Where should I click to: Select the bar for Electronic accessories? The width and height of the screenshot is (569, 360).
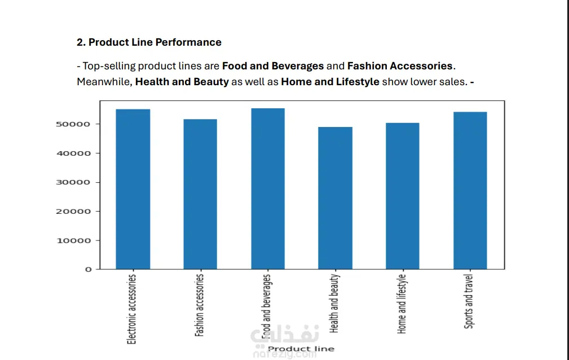click(133, 189)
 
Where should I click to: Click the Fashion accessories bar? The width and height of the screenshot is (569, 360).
click(200, 194)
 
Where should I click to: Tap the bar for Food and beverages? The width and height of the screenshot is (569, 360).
click(268, 188)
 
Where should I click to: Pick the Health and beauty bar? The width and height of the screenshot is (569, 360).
click(335, 198)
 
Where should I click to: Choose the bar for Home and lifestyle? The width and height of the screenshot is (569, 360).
click(403, 196)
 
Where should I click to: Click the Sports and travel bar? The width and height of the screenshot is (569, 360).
click(470, 190)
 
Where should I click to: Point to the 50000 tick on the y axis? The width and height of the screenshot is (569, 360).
click(73, 124)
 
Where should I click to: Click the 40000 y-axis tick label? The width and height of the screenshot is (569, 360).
click(73, 153)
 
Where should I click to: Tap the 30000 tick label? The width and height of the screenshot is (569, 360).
click(73, 182)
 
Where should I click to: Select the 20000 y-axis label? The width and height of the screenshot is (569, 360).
click(73, 212)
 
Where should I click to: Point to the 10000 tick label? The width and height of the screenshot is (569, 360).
click(73, 241)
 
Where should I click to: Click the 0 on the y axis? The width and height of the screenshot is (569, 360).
click(88, 270)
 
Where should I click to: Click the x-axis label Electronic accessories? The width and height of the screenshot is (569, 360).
click(132, 309)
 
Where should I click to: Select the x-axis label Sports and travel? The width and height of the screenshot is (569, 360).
click(469, 301)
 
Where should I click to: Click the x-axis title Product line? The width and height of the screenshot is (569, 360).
click(301, 349)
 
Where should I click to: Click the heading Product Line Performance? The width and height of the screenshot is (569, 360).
click(155, 42)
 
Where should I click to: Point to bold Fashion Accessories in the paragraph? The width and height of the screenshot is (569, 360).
click(399, 66)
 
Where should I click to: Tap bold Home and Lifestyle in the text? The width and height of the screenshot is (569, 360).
click(330, 82)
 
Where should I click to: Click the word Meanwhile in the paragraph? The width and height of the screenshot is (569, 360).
click(104, 82)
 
